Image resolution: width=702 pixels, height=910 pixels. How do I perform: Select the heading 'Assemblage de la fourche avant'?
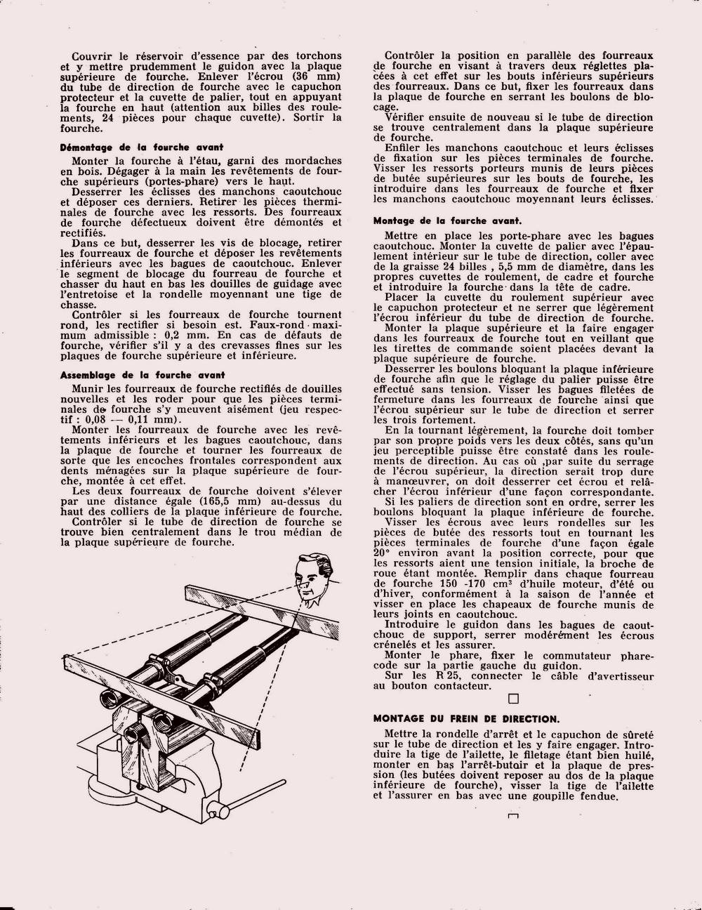click(143, 374)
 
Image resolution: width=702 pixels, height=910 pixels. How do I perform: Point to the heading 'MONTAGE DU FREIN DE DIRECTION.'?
click(466, 718)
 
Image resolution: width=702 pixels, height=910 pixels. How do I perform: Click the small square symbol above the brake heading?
click(512, 698)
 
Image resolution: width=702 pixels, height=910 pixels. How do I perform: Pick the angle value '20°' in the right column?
click(384, 553)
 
